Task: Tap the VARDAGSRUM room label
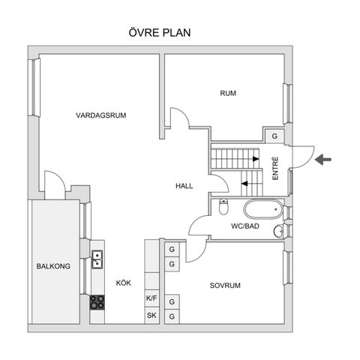pos(100,115)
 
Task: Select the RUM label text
pos(228,94)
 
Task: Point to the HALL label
pos(185,186)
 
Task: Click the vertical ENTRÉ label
pos(275,166)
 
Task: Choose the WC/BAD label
pos(244,226)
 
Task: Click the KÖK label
pos(124,283)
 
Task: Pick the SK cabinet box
pos(152,315)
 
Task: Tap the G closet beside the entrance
pos(275,136)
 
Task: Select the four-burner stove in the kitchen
pos(97,302)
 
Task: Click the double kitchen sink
pos(97,260)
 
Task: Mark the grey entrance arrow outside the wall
pos(323,158)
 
